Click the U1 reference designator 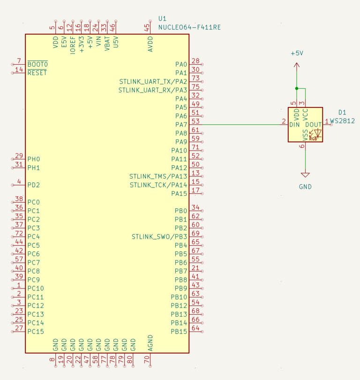coord(162,18)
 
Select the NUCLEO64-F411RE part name coord(189,27)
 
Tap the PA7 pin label coord(181,124)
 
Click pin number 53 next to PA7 coord(195,122)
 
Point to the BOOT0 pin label coord(37,64)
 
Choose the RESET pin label coord(37,73)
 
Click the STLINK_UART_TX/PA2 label coord(153,81)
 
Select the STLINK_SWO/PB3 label coord(159,236)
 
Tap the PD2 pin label coord(33,185)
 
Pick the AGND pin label coord(150,343)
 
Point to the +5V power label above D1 coord(297,53)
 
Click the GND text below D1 coord(305,187)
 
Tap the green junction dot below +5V coord(296,88)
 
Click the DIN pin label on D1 coord(294,125)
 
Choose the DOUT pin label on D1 coord(313,125)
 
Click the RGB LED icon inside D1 coord(315,135)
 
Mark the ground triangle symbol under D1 coord(305,175)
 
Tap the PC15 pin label coord(36,332)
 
